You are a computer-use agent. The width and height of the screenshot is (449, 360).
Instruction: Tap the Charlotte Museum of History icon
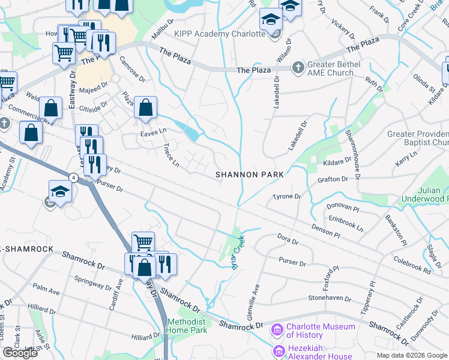click(277, 329)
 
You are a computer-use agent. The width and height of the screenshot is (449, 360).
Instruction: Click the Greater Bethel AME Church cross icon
click(297, 68)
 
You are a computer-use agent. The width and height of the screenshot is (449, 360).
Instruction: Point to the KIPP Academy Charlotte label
click(220, 34)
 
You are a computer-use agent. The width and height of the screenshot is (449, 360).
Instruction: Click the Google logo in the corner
click(20, 353)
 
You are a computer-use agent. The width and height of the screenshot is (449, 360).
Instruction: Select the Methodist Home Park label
click(187, 326)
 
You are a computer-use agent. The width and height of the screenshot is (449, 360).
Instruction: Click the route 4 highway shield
click(73, 178)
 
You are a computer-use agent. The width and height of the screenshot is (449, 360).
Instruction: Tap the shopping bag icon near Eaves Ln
click(146, 109)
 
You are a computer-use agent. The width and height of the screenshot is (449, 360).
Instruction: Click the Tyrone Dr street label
click(286, 197)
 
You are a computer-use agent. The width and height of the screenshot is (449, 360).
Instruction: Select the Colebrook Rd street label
click(412, 266)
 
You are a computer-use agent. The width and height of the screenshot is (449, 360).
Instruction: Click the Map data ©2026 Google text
click(412, 355)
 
